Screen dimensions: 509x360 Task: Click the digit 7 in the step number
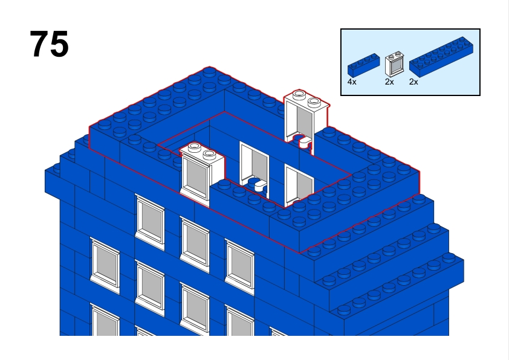click(40, 43)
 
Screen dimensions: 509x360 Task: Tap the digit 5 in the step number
click(60, 43)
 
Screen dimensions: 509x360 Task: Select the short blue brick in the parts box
click(363, 65)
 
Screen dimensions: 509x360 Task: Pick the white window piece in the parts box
click(394, 63)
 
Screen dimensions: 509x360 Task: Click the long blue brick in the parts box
click(441, 57)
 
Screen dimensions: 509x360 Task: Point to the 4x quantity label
click(352, 82)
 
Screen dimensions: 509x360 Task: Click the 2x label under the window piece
click(389, 82)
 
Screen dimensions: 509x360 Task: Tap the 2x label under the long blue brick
click(414, 82)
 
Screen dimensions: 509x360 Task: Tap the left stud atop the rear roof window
click(299, 95)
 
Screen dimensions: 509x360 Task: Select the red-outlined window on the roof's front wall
click(201, 173)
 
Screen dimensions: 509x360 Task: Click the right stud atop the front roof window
click(209, 155)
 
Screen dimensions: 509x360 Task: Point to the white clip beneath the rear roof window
click(304, 142)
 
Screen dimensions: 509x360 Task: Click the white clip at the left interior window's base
click(261, 186)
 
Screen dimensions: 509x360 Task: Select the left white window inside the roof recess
click(254, 168)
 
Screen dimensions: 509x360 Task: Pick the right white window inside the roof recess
click(299, 185)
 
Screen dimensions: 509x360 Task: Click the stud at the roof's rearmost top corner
click(209, 72)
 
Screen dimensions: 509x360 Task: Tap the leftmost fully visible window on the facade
click(105, 265)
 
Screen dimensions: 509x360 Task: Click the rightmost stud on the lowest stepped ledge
click(449, 258)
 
